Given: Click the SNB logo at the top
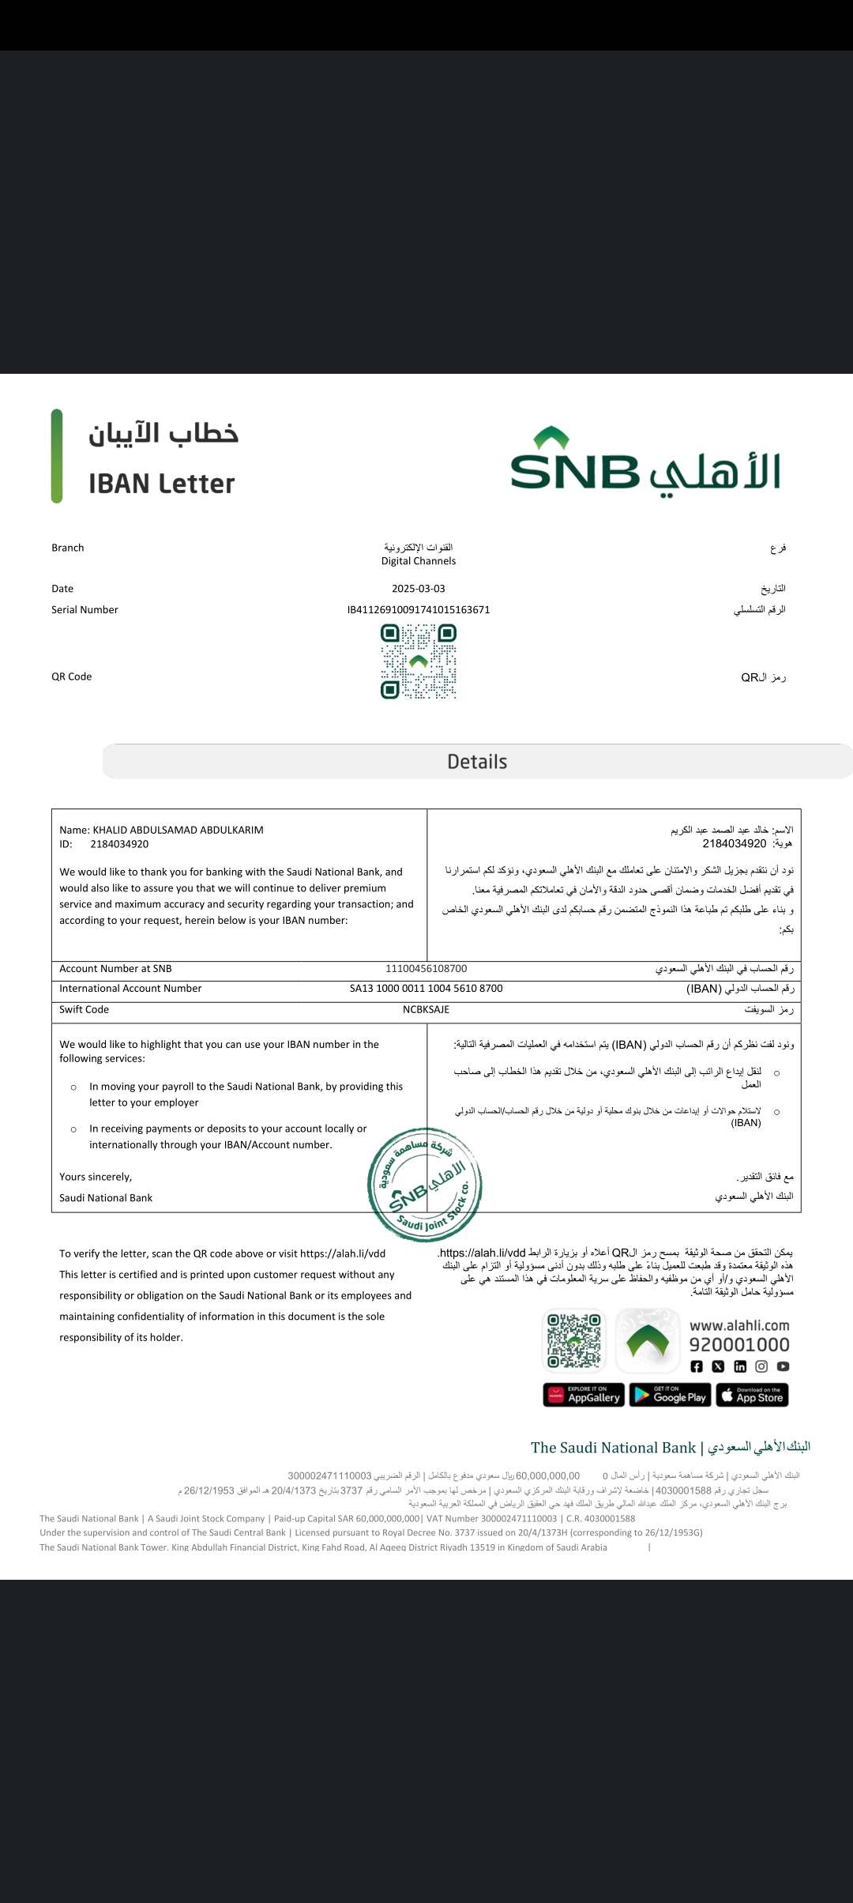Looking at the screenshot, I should point(644,462).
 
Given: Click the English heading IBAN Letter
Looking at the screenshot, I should point(162,484).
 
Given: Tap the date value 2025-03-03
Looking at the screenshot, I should point(419,589).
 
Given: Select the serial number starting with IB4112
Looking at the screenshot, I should point(419,610).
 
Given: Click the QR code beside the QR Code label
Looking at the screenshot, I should point(419,661).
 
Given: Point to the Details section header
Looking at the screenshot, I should point(477,762).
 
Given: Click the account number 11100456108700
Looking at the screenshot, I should point(426,969).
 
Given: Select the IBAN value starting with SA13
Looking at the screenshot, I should point(426,989).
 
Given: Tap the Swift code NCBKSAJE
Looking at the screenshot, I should point(426,1010).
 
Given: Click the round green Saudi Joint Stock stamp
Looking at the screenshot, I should point(425,1185).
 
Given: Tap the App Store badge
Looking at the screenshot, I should point(752,1396).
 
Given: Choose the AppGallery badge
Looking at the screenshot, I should point(584,1396).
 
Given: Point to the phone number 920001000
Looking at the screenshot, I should point(739,1345).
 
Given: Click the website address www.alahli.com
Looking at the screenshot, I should point(739,1325).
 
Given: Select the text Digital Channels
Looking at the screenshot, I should point(419,561).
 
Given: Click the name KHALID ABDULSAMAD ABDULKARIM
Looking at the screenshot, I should point(178,830).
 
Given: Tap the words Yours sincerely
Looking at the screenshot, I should point(96,1177).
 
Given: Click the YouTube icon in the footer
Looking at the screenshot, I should point(783,1366).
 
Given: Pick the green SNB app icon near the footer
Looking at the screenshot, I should point(648,1341).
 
